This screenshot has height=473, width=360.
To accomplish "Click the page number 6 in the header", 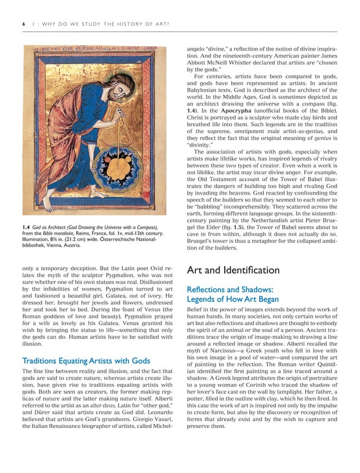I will click(23, 24).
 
